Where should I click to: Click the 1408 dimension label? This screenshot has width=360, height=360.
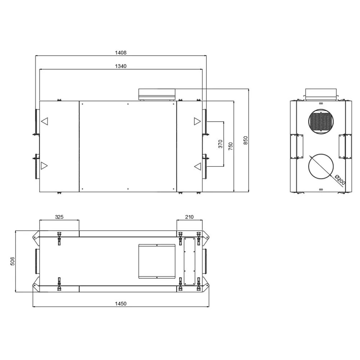[121, 53]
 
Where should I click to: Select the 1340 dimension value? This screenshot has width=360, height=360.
[121, 66]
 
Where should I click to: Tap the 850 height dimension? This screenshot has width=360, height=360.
[246, 140]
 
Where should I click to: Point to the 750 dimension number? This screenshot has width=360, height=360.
[231, 146]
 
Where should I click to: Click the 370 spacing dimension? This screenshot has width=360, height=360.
[220, 144]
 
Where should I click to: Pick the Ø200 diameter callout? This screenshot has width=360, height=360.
[340, 180]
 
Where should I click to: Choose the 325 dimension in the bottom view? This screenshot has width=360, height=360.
[59, 217]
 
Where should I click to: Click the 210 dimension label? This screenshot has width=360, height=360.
[189, 217]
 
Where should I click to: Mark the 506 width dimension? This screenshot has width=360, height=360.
[13, 261]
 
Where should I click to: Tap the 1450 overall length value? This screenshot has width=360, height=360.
[121, 304]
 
